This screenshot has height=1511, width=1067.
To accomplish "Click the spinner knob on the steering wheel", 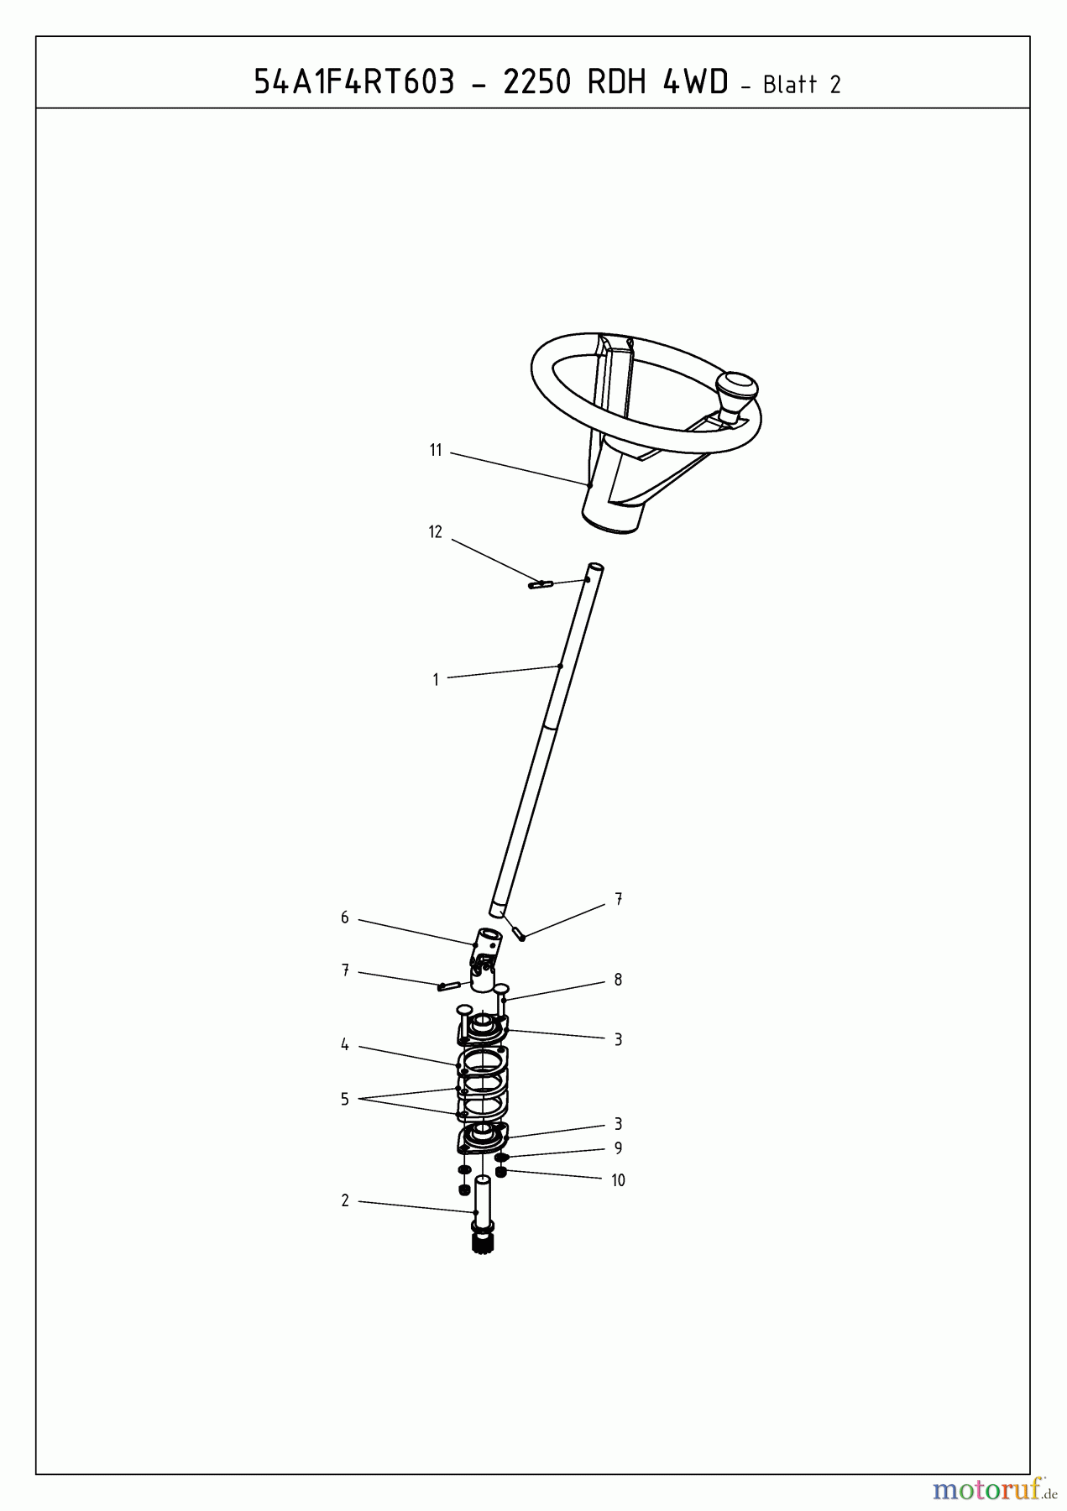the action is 736,395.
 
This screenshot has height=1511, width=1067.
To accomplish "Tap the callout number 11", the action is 436,451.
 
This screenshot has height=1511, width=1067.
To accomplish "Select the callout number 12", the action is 435,532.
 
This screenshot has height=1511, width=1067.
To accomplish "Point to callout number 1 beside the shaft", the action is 436,680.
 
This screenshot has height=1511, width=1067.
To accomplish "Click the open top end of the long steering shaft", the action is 595,568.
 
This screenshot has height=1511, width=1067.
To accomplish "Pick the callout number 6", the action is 344,918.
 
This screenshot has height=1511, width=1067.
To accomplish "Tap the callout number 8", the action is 618,980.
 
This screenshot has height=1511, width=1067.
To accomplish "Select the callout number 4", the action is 344,1045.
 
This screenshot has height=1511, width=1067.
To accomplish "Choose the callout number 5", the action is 344,1100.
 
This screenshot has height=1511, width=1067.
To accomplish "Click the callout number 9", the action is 618,1148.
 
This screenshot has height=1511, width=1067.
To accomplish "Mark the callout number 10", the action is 618,1180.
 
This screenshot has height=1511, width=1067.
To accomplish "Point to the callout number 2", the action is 344,1201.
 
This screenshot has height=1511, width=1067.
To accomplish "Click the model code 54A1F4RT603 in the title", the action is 353,82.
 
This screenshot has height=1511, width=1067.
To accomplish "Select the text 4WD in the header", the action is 695,82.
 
